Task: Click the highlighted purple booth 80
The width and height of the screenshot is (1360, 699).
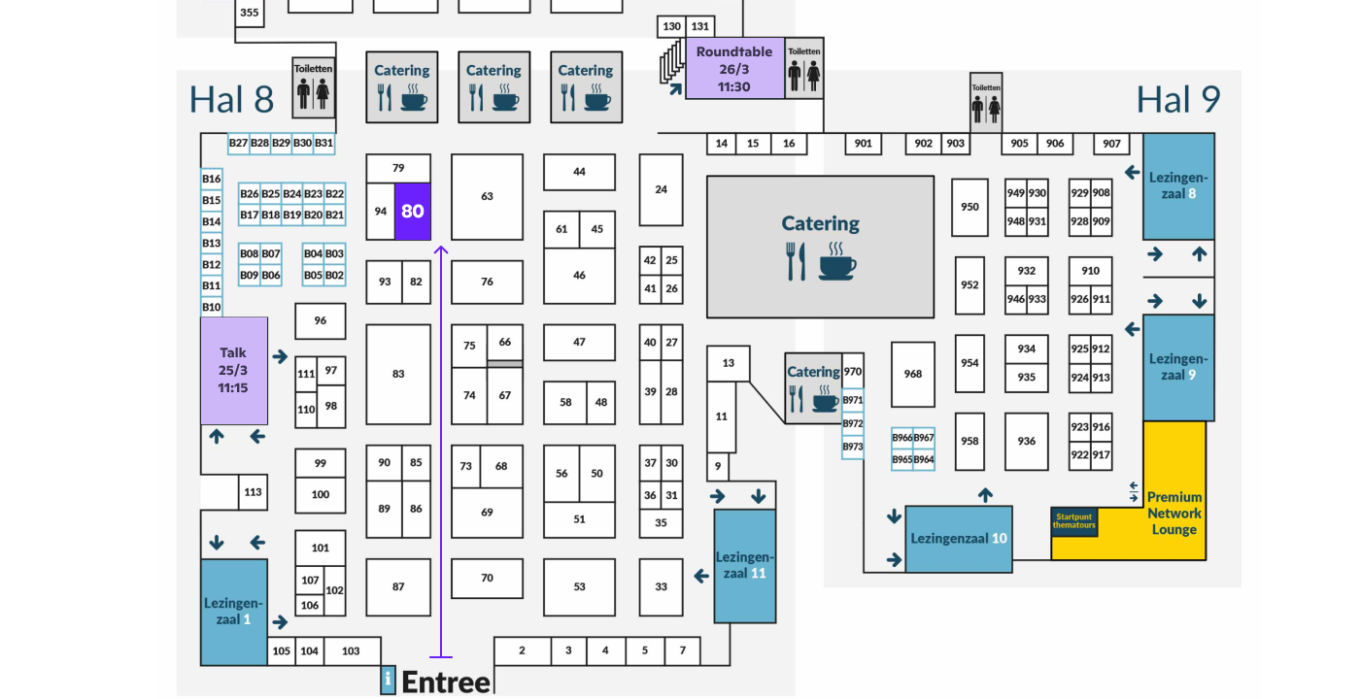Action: (413, 211)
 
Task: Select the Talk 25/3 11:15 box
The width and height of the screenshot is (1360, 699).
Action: (233, 370)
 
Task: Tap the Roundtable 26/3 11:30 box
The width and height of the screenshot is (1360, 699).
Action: (734, 69)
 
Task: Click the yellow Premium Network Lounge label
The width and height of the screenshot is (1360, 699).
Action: (1174, 513)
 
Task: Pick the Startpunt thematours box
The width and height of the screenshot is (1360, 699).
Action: (1074, 521)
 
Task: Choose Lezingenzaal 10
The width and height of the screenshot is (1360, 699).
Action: (958, 539)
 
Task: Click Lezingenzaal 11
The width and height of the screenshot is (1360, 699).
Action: (745, 565)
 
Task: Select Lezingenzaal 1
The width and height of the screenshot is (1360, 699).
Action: (233, 612)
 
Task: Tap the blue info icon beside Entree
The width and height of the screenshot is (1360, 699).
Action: (388, 680)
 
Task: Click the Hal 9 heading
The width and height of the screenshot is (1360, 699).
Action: (1178, 99)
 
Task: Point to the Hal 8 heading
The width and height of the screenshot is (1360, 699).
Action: (231, 99)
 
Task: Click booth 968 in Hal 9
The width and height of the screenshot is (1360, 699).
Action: (912, 374)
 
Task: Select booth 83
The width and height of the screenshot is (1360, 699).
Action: (398, 374)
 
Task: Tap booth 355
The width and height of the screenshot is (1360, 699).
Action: (250, 13)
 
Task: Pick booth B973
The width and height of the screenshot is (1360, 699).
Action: (852, 447)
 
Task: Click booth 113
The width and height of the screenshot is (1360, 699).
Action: (253, 492)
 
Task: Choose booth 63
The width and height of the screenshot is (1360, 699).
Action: (487, 196)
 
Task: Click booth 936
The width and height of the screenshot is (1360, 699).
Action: (1027, 441)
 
